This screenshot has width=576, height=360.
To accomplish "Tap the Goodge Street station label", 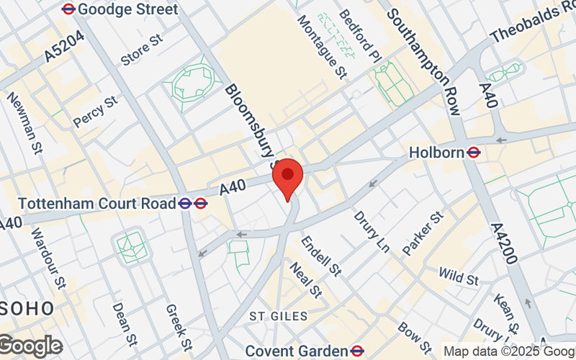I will [x=127, y=9].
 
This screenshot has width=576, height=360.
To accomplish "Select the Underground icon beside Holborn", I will [x=474, y=153].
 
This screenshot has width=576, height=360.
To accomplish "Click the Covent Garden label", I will [x=297, y=351].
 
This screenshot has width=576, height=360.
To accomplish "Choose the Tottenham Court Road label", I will [x=96, y=204].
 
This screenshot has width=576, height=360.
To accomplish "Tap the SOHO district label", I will [x=27, y=309].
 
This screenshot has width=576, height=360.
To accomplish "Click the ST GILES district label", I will [x=279, y=316].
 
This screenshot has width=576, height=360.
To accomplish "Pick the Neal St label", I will [x=305, y=279].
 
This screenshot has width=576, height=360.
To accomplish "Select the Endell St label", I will [x=320, y=256].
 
